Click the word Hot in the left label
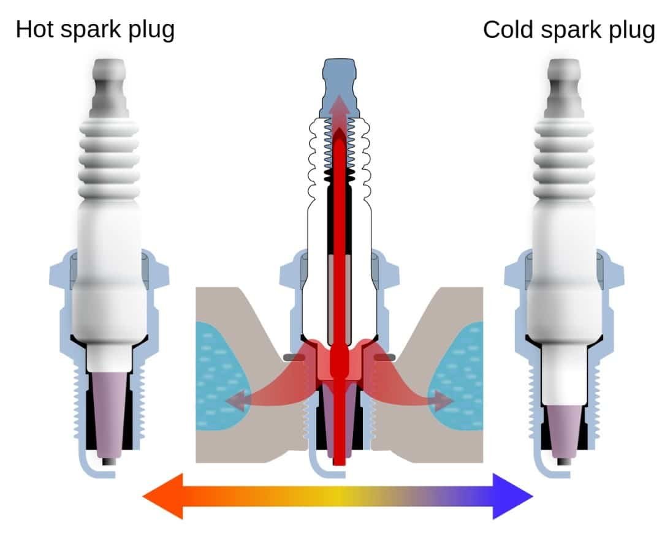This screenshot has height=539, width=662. [x=36, y=29]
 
